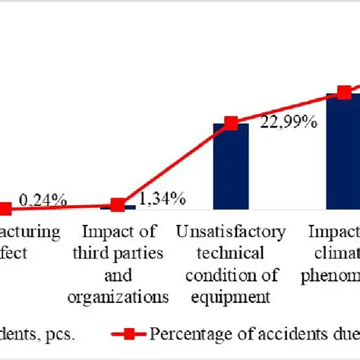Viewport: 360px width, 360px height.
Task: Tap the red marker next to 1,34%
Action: [x=118, y=205]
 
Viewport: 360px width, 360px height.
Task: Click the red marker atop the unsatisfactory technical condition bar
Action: [x=231, y=123]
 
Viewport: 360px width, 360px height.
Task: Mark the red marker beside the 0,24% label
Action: [x=5, y=210]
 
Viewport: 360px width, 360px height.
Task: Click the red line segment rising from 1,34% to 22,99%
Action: [x=175, y=163]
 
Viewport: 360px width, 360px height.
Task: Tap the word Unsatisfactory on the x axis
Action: [x=231, y=232]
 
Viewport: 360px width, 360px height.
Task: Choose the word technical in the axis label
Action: [x=231, y=253]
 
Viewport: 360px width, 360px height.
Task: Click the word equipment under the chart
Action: [x=231, y=295]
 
